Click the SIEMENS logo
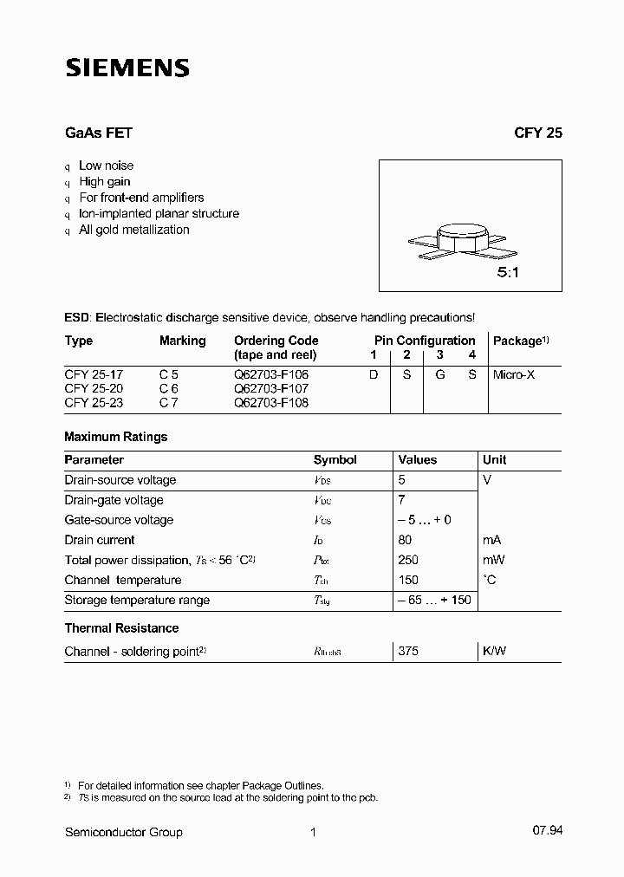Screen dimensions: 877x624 click(127, 68)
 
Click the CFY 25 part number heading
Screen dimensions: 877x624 click(537, 133)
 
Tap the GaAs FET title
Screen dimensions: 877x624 click(98, 133)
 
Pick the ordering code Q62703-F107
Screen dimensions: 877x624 click(271, 389)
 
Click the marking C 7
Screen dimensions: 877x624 click(169, 403)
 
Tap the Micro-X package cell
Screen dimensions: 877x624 click(515, 374)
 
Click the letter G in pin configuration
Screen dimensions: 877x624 click(439, 374)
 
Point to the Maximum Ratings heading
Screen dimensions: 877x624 click(116, 437)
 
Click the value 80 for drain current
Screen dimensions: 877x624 click(406, 540)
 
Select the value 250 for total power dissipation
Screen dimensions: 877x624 click(408, 560)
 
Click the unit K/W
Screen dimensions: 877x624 click(494, 650)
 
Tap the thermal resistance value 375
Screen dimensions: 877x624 click(408, 650)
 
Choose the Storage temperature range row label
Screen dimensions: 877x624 click(137, 600)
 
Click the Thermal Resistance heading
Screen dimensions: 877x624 click(121, 627)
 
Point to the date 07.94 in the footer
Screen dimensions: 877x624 click(547, 832)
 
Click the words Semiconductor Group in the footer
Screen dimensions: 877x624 click(124, 832)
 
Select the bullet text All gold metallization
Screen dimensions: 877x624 click(133, 230)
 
